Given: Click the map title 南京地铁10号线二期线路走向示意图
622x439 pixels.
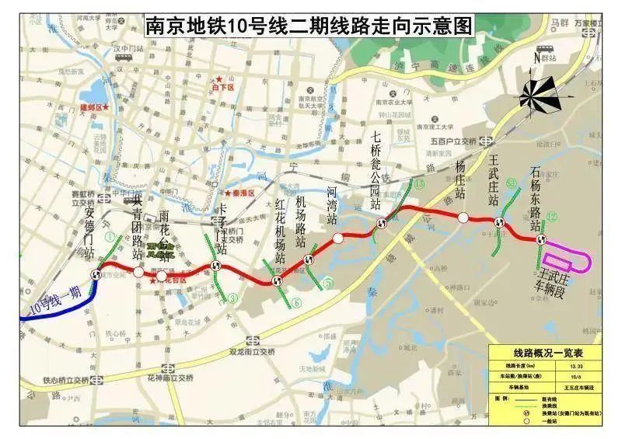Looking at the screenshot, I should (309, 26).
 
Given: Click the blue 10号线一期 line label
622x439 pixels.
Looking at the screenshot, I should (55, 301).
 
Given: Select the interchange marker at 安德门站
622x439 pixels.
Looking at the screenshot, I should (97, 274).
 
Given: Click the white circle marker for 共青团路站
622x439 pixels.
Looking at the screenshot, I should (138, 273).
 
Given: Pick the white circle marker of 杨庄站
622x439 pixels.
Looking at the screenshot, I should (463, 218).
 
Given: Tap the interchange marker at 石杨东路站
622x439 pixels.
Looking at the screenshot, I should (540, 239).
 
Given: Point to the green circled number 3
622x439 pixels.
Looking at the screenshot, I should (232, 297).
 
